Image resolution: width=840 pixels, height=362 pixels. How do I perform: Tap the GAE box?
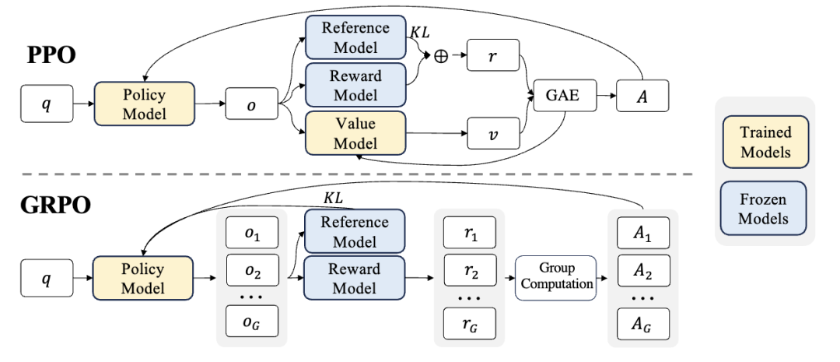[x=557, y=100]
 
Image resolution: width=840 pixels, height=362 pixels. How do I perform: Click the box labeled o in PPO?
[x=251, y=102]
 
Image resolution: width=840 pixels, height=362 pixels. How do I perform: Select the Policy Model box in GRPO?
[x=142, y=279]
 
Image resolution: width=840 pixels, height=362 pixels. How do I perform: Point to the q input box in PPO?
[x=47, y=102]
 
